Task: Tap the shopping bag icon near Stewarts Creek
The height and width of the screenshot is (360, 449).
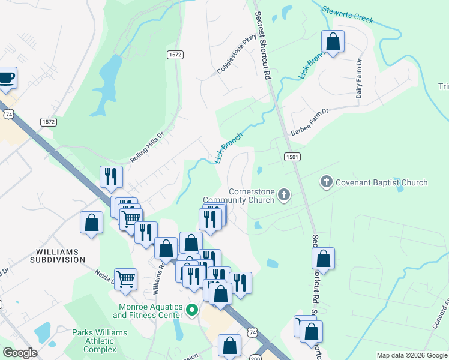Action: (333, 42)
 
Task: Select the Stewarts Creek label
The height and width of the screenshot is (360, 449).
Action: (348, 15)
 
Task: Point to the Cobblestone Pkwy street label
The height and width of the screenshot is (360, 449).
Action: (237, 54)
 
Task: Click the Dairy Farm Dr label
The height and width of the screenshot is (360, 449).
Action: (359, 79)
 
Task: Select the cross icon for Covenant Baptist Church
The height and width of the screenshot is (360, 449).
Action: (327, 182)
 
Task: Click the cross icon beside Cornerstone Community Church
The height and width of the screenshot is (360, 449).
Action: (284, 194)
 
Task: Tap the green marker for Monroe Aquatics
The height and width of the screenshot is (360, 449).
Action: (192, 310)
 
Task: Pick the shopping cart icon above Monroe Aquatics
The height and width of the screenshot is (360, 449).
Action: (125, 278)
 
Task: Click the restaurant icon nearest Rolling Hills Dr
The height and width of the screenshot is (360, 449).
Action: (110, 176)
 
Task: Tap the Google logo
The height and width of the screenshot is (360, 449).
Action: (20, 353)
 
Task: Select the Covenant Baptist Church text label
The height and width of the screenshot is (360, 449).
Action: (381, 182)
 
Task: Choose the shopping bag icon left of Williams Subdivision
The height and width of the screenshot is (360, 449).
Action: (91, 223)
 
